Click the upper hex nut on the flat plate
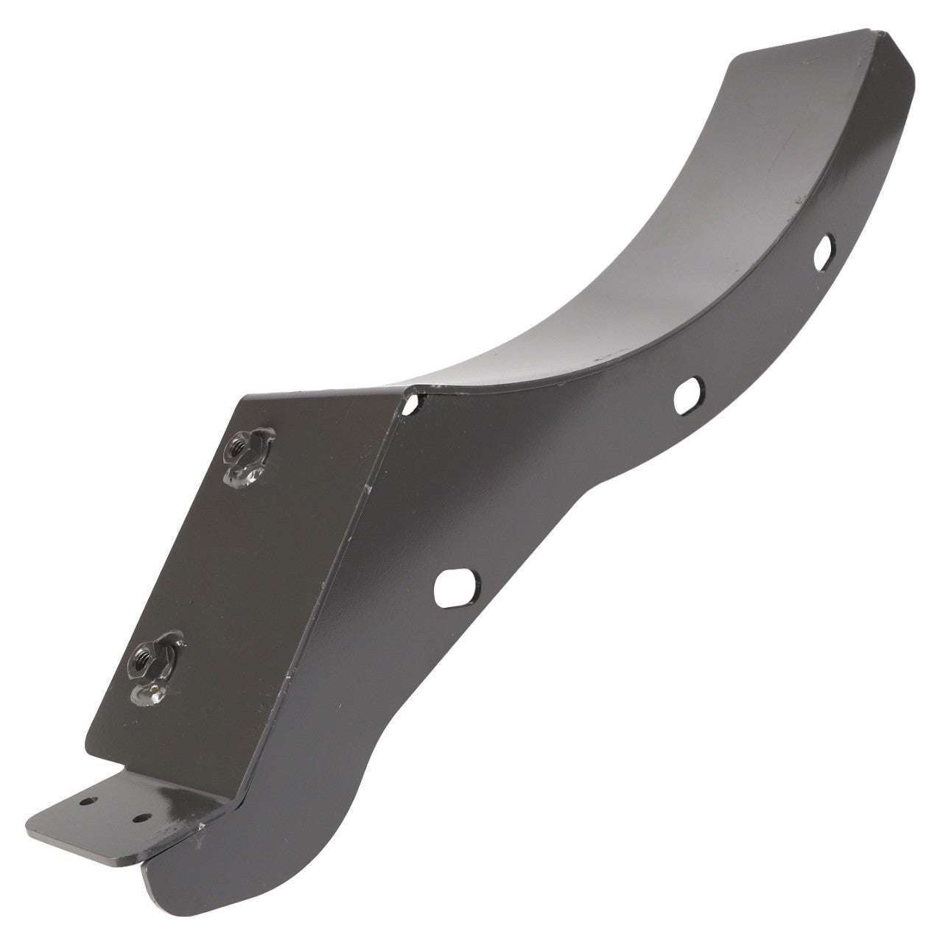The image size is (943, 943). (x=240, y=446)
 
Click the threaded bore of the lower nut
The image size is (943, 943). (x=144, y=652)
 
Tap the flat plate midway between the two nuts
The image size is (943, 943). (x=199, y=553)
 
